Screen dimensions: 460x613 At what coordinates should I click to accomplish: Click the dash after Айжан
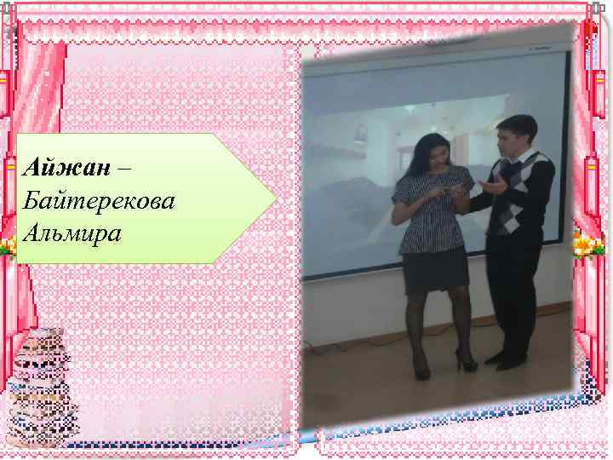(124, 166)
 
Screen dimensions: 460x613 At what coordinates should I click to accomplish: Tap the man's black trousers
(513, 290)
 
